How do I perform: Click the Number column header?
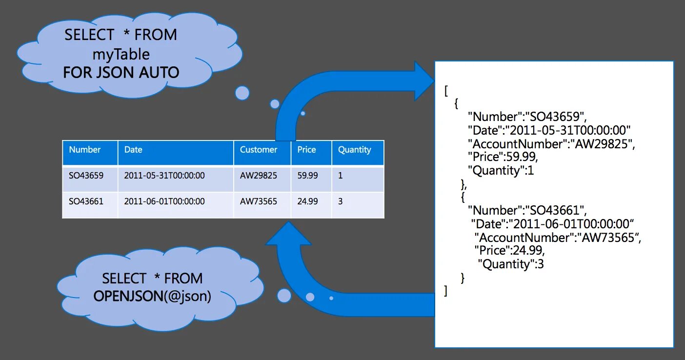point(85,150)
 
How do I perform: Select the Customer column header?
point(259,150)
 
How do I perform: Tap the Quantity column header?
point(355,150)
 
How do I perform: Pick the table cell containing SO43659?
point(86,175)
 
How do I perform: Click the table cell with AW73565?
point(259,201)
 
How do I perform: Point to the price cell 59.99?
point(307,175)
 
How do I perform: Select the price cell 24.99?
point(307,201)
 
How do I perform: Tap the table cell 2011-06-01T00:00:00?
point(164,201)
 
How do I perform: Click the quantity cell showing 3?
point(340,201)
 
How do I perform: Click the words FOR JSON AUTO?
point(121,73)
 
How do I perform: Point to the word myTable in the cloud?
point(121,54)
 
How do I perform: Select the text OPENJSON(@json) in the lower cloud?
point(152,296)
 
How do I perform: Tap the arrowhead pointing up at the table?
point(288,234)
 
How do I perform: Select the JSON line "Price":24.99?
point(509,251)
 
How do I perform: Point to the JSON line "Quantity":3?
point(511,264)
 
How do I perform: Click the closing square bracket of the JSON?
point(446,291)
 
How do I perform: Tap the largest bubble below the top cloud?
point(242,93)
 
